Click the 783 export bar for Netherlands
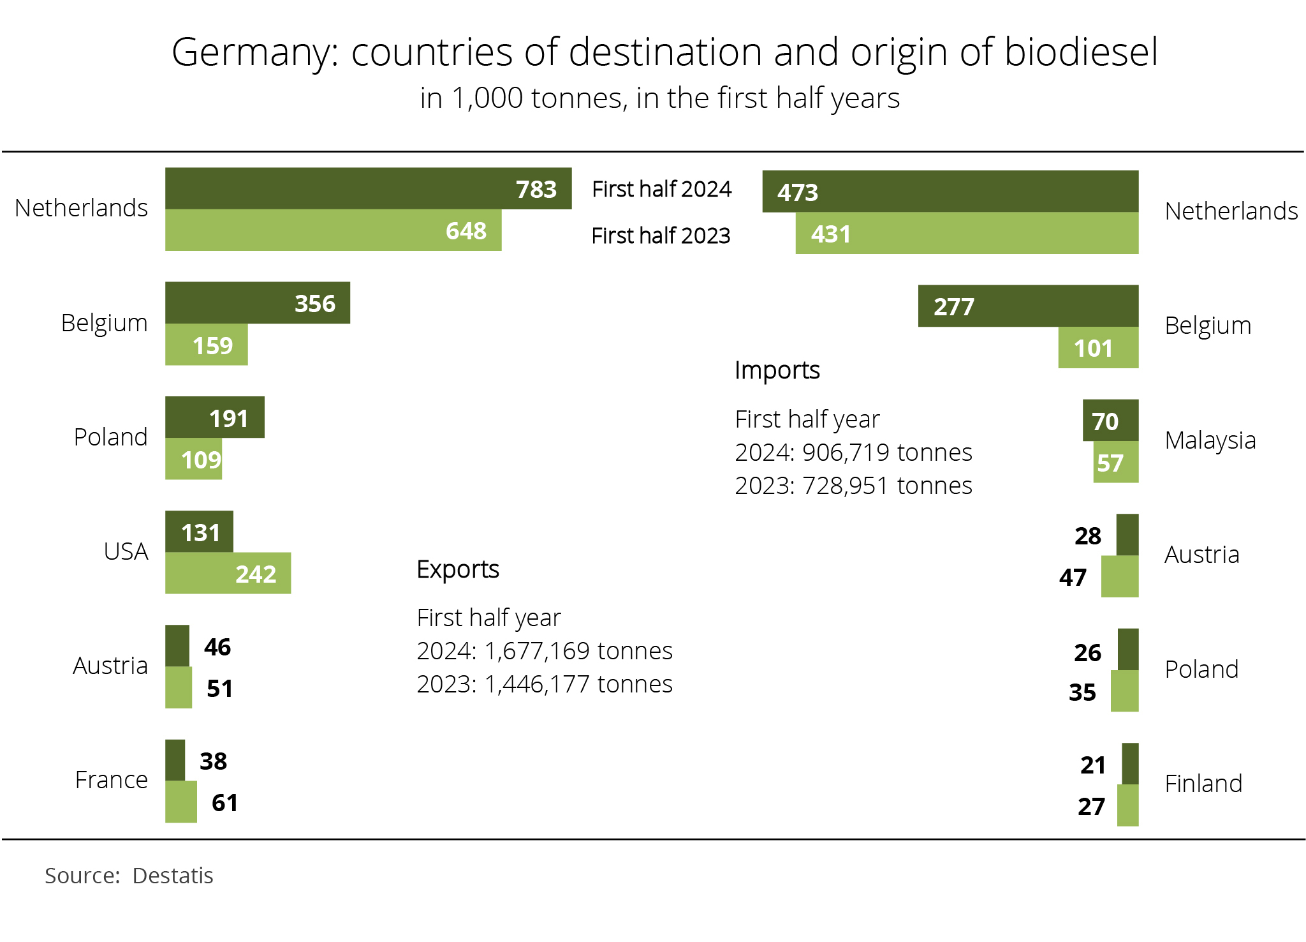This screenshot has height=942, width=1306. (x=368, y=188)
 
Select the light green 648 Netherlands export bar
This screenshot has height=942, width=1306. (x=333, y=230)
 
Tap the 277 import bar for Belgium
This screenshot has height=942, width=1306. (x=1028, y=306)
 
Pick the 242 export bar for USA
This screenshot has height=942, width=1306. (x=228, y=573)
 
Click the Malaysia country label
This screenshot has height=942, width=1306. (x=1210, y=440)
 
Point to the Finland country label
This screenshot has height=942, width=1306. (x=1203, y=784)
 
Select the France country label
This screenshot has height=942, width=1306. (x=111, y=780)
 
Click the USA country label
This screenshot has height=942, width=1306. (x=126, y=551)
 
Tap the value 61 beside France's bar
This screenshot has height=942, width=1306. (x=224, y=803)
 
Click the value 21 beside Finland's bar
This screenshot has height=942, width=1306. (x=1092, y=765)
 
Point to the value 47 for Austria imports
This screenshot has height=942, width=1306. (x=1073, y=578)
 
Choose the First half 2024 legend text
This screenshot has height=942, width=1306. (x=661, y=190)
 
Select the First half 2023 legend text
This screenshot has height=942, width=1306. (x=661, y=236)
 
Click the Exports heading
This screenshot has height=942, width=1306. (x=457, y=569)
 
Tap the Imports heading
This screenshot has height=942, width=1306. (x=777, y=370)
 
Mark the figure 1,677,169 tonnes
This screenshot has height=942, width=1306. (x=578, y=651)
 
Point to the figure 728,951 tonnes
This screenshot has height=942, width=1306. (x=887, y=486)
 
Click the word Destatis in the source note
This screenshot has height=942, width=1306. (x=172, y=876)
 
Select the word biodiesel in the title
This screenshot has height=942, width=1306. (x=1081, y=52)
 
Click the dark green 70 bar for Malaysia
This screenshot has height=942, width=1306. (x=1110, y=421)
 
